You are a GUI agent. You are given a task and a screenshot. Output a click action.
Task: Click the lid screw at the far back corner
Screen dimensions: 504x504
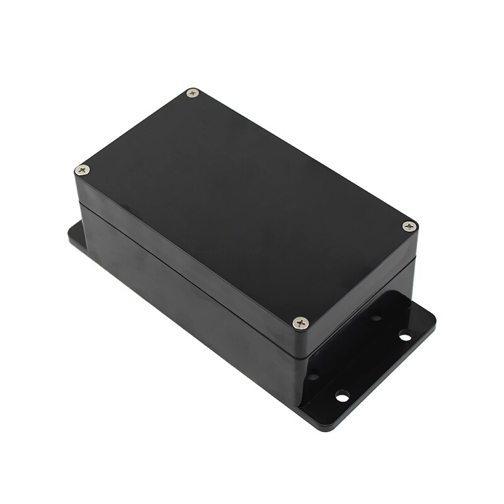click(x=193, y=93)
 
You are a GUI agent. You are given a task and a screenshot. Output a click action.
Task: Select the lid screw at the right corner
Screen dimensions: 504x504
click(x=409, y=226)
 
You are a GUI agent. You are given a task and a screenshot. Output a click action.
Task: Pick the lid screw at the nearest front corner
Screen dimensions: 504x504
click(x=301, y=323)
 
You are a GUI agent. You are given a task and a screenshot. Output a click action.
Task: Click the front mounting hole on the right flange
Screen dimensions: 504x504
click(x=342, y=396)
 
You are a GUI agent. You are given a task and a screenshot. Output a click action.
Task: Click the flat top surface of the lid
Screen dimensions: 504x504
click(x=246, y=202)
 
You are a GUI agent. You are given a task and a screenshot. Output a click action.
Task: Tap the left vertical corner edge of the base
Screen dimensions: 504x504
click(x=80, y=220)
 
